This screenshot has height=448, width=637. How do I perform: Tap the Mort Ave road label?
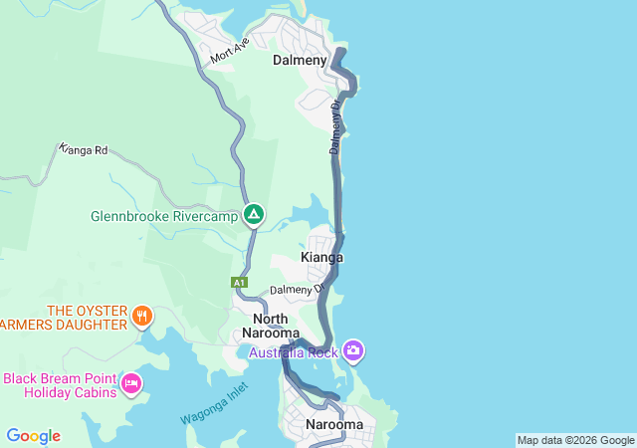pyautogui.click(x=229, y=52)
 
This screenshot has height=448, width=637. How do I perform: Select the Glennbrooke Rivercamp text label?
pyautogui.click(x=164, y=215)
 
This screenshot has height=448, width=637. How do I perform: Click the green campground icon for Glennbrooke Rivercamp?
pyautogui.click(x=254, y=214)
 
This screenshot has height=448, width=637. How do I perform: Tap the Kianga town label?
pyautogui.click(x=321, y=258)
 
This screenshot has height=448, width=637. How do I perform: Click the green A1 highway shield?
pyautogui.click(x=239, y=283)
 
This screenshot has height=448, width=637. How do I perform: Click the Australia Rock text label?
pyautogui.click(x=293, y=352)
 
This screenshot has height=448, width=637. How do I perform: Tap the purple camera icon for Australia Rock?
pyautogui.click(x=353, y=350)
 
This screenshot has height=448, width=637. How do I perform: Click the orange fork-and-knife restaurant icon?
pyautogui.click(x=142, y=317)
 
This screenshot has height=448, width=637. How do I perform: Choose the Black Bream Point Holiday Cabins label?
pyautogui.click(x=59, y=384)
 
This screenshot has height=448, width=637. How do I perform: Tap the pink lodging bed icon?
pyautogui.click(x=130, y=383)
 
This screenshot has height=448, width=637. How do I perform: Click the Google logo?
pyautogui.click(x=33, y=436)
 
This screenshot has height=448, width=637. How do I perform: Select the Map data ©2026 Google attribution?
pyautogui.click(x=574, y=440)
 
